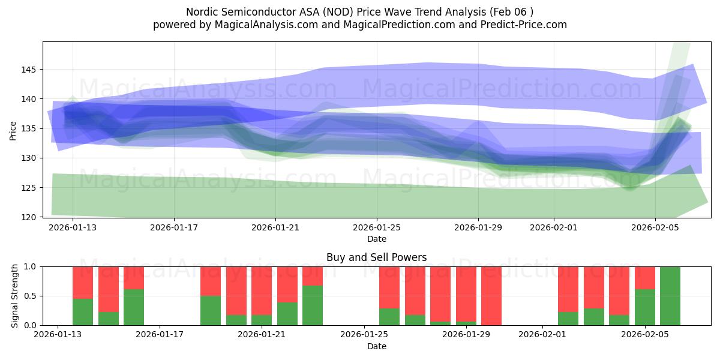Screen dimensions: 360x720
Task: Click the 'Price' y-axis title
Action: [x=13, y=130]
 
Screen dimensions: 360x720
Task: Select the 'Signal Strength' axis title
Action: [x=16, y=296]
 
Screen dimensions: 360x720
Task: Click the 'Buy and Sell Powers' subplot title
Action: [x=376, y=257]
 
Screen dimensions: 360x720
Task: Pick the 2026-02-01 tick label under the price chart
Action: [x=554, y=228]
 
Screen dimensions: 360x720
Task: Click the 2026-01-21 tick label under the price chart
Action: [x=275, y=228]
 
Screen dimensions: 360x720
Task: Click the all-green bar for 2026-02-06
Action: [x=670, y=296]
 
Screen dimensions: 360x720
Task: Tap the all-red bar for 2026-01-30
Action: [x=491, y=296]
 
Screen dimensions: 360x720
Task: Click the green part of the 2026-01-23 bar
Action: [x=313, y=305]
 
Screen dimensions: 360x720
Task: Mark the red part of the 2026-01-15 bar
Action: [x=109, y=289]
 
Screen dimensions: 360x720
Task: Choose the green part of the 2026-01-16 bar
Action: [x=134, y=307]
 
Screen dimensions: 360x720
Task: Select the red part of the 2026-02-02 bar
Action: [x=568, y=289]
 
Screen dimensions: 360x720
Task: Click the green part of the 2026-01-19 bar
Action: [x=211, y=310]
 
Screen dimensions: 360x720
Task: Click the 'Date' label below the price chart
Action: [x=376, y=239]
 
